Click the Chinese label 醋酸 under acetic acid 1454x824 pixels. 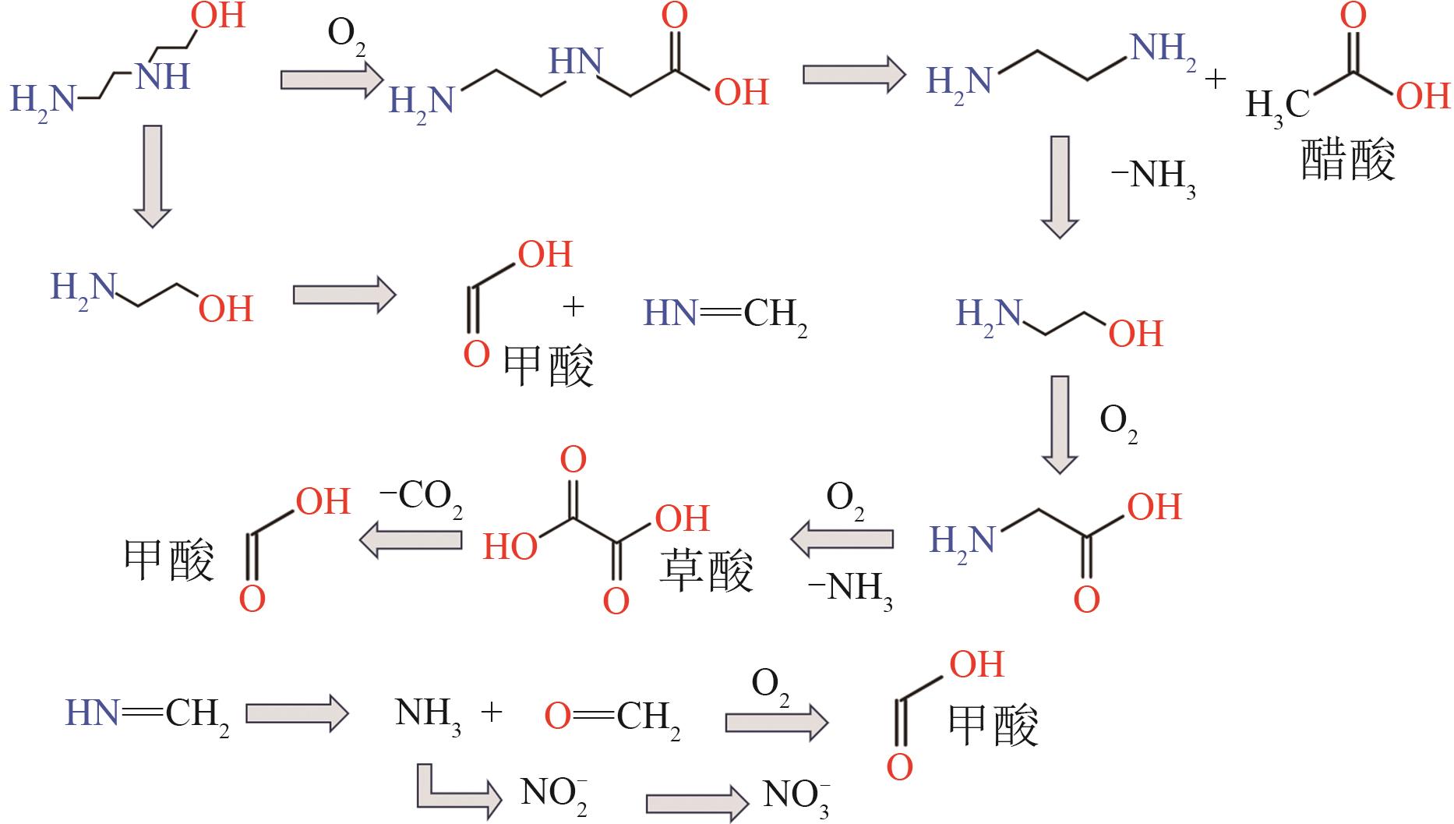(x=1347, y=161)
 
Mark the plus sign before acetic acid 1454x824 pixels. (x=1216, y=80)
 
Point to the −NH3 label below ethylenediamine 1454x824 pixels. (x=1152, y=177)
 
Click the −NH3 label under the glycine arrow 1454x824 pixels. (x=850, y=589)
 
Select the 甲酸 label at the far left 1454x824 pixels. (x=169, y=560)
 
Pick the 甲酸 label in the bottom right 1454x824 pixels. (x=993, y=724)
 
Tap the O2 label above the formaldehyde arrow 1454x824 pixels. (x=770, y=685)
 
